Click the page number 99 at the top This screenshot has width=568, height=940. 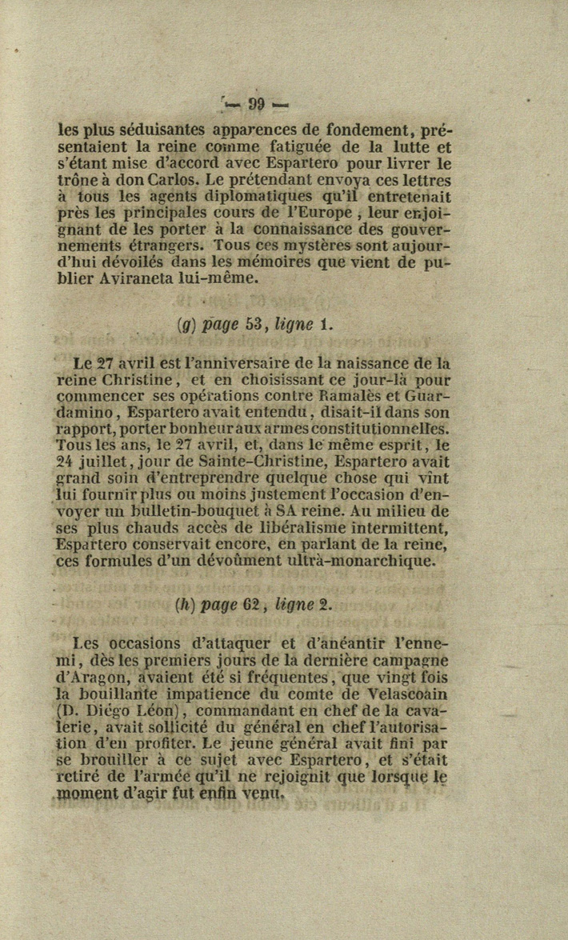click(256, 104)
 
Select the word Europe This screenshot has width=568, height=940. click(320, 214)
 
